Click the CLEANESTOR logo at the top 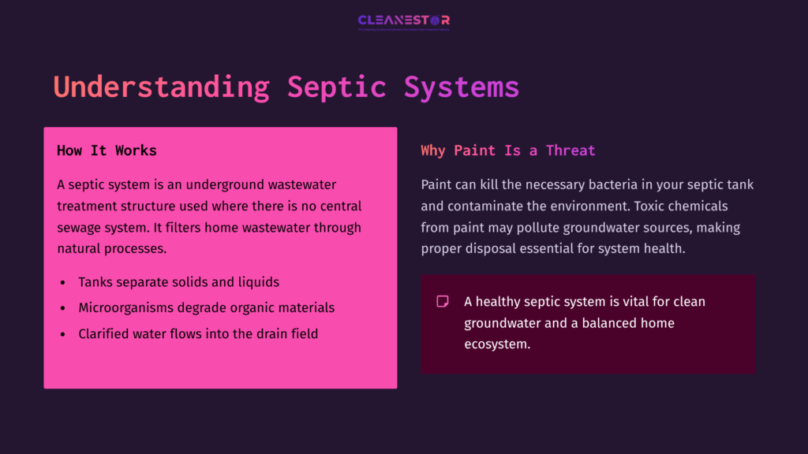coord(403,21)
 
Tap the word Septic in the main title coord(336,87)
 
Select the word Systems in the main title coord(462,87)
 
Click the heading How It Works coord(107,151)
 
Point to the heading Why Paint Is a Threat coord(507,151)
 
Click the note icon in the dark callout coord(443,301)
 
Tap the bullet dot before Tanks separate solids coord(62,282)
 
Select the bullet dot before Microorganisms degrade coord(62,308)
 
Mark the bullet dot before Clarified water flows coord(62,334)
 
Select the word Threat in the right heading coord(570,151)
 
